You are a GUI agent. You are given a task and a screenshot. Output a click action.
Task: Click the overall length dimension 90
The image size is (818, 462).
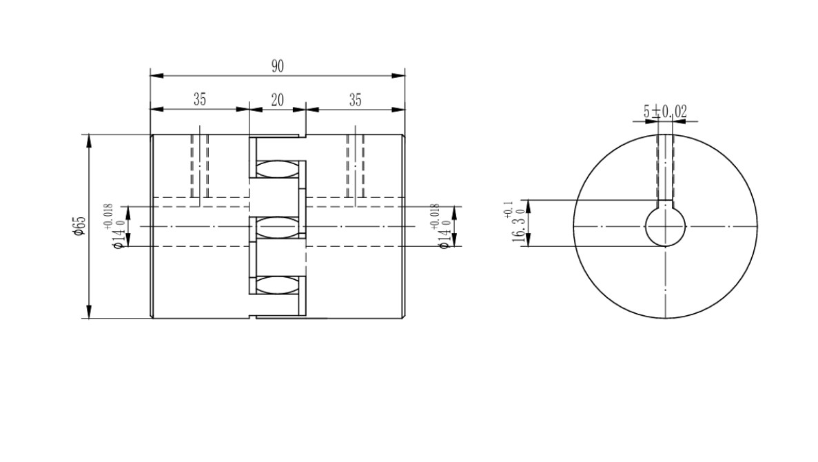278,66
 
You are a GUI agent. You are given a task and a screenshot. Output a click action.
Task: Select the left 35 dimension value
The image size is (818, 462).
200,99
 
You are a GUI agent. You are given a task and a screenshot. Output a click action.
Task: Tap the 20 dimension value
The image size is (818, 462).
278,99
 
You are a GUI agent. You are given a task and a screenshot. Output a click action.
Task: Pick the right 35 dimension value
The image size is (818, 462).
356,99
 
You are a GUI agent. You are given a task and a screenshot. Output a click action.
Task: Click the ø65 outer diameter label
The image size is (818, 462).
79,225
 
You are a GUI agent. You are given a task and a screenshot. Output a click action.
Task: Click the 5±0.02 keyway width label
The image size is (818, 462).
665,111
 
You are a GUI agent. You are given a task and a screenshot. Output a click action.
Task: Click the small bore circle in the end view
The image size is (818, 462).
645,227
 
